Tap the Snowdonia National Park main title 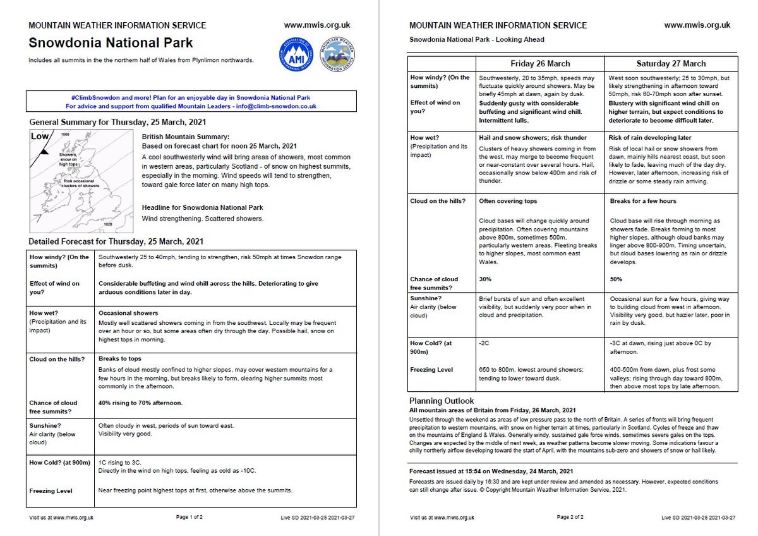pos(111,44)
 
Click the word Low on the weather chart pos(40,137)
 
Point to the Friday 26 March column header pos(539,64)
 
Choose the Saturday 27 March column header pos(671,64)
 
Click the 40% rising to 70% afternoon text pos(140,403)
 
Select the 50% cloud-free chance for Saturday pos(617,279)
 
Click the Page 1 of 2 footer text pos(189,517)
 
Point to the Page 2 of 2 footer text pos(570,517)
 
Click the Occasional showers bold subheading pos(128,313)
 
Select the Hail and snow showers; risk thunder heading pos(532,137)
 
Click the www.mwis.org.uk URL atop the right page pos(697,25)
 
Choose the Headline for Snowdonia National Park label pos(202,208)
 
